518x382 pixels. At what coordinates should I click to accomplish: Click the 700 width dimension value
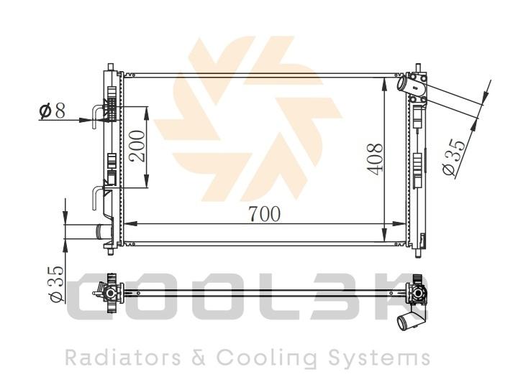[264, 214]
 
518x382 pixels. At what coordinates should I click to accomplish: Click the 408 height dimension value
[375, 159]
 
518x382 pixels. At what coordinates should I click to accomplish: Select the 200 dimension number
[137, 146]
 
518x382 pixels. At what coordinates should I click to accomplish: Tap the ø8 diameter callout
[53, 111]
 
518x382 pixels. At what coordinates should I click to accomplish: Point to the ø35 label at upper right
[453, 157]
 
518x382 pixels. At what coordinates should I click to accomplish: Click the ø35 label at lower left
[55, 284]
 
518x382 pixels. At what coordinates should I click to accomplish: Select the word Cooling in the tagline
[267, 358]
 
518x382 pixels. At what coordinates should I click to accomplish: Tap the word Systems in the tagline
[380, 358]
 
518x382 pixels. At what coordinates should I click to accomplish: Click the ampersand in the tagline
[199, 358]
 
